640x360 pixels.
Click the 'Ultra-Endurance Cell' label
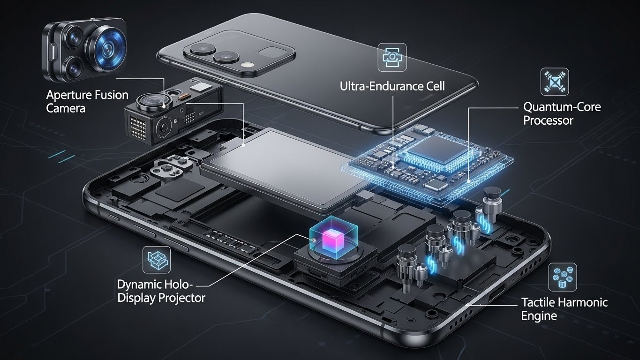392,86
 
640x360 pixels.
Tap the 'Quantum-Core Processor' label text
562,114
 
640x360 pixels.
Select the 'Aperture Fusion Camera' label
87,101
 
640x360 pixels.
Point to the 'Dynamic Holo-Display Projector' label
161,291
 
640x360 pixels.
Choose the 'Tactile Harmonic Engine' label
565,309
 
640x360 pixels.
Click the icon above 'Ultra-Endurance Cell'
392,57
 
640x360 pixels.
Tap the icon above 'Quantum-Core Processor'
555,82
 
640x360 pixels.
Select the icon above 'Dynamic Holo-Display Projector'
157,260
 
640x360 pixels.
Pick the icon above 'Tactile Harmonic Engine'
563,277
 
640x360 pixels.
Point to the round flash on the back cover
245,65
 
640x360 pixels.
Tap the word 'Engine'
539,316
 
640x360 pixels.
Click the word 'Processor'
548,120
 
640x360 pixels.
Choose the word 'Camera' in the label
66,108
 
